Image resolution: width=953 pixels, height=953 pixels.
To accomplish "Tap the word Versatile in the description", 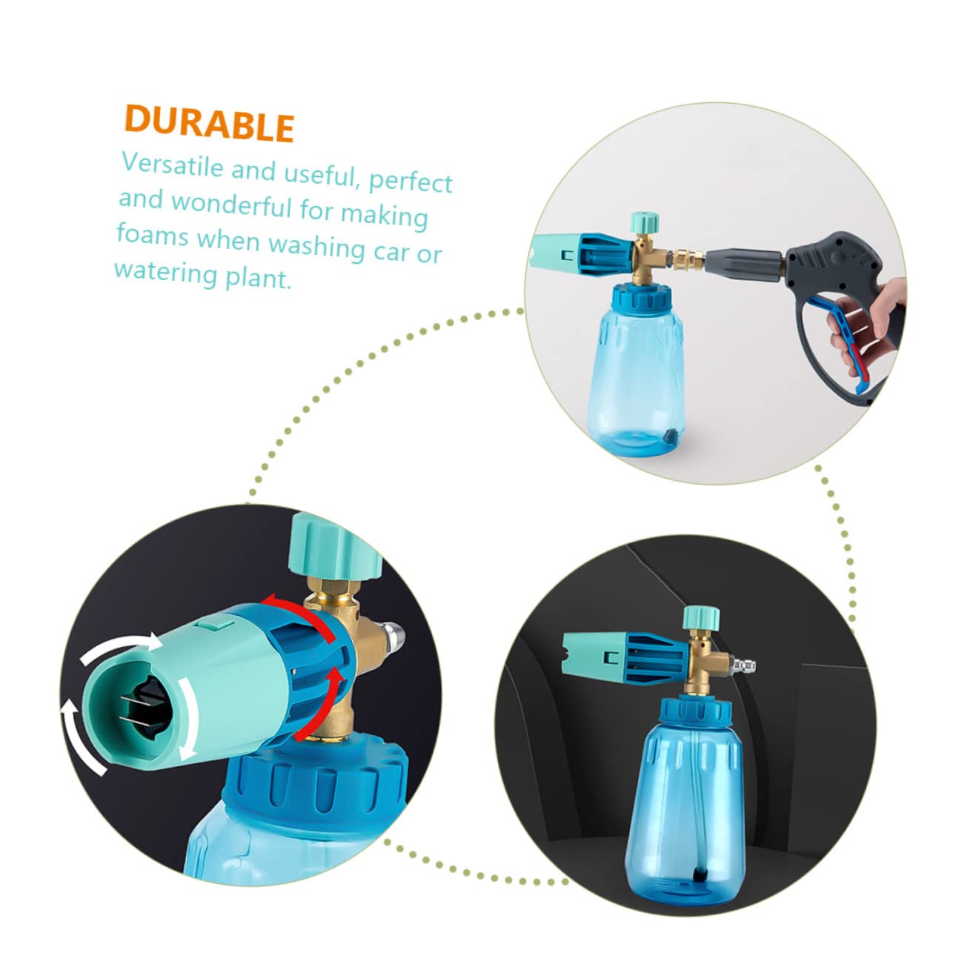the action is [x=173, y=165].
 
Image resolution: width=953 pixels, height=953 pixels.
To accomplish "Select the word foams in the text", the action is [x=153, y=234].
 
